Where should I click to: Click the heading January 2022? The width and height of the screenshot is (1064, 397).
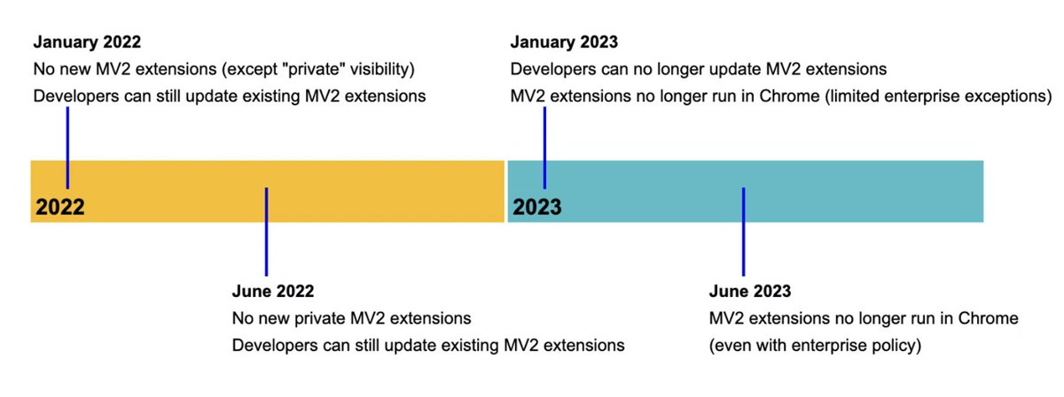pyautogui.click(x=87, y=42)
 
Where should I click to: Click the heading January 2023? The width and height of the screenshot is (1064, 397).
pyautogui.click(x=564, y=42)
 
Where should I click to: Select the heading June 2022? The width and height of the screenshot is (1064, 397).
pyautogui.click(x=272, y=292)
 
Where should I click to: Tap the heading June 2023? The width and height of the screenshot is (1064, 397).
pyautogui.click(x=750, y=292)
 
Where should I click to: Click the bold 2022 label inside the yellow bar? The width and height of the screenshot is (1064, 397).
pyautogui.click(x=60, y=207)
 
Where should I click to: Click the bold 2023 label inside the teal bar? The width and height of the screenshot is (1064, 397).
pyautogui.click(x=537, y=207)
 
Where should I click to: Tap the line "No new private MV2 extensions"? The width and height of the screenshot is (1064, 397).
pyautogui.click(x=351, y=318)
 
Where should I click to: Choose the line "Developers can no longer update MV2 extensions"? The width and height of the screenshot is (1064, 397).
pyautogui.click(x=699, y=69)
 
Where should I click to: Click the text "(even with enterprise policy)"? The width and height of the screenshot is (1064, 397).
pyautogui.click(x=816, y=345)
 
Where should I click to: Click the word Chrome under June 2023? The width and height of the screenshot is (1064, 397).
pyautogui.click(x=992, y=318)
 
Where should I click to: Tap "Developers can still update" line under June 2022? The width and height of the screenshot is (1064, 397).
pyautogui.click(x=428, y=345)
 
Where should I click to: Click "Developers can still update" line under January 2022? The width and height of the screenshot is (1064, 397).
pyautogui.click(x=230, y=95)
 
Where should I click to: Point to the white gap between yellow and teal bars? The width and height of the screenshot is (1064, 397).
pyautogui.click(x=505, y=191)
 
